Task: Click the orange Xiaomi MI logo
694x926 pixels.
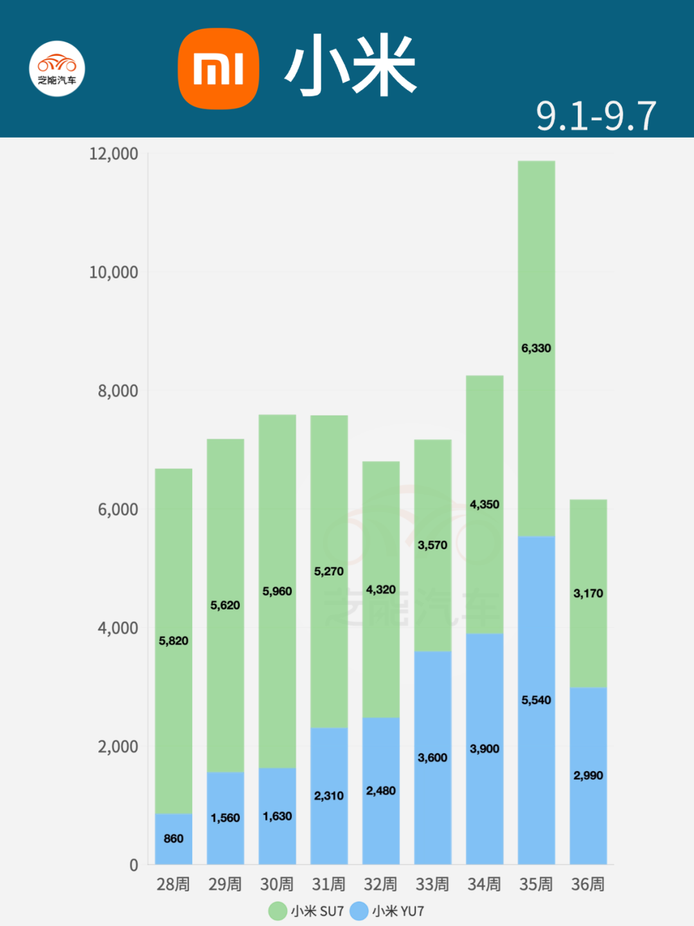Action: (218, 69)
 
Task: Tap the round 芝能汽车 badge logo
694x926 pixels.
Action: (57, 69)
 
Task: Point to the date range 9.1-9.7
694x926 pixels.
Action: (596, 116)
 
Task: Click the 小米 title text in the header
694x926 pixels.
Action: (351, 66)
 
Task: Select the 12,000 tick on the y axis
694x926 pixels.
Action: (114, 154)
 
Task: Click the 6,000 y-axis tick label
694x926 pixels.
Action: (118, 509)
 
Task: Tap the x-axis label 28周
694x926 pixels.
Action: (173, 884)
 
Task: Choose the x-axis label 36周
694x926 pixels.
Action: (588, 884)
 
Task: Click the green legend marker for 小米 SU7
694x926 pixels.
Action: (278, 911)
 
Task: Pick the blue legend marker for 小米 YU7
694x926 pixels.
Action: (359, 911)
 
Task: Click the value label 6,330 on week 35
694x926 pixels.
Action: (536, 348)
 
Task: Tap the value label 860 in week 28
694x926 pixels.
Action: (173, 839)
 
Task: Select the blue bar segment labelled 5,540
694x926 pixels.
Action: (536, 643)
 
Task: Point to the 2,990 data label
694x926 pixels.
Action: (588, 776)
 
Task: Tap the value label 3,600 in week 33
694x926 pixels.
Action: (432, 758)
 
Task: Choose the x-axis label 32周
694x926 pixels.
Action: (380, 884)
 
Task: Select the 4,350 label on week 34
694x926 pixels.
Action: (485, 504)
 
